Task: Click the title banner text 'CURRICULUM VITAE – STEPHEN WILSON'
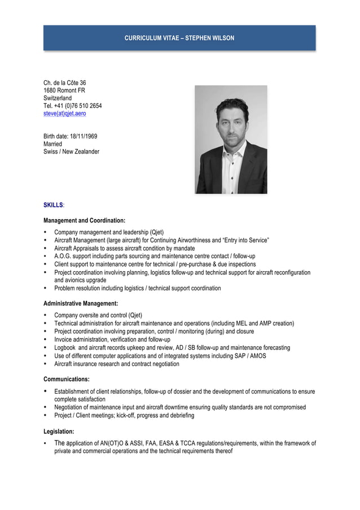tap(179, 38)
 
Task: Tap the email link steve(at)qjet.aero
tap(65, 114)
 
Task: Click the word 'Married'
tap(54, 144)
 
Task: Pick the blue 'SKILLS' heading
tap(53, 205)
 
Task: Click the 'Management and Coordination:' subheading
tap(84, 220)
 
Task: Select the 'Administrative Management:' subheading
tap(81, 303)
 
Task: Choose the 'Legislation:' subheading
tap(59, 431)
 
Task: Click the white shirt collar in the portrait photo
tap(231, 150)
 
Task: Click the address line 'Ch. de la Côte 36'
tap(65, 82)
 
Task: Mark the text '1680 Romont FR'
tap(64, 90)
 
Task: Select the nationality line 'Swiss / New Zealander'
tap(71, 151)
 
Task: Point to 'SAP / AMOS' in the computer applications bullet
tap(250, 356)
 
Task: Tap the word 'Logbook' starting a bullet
tap(65, 348)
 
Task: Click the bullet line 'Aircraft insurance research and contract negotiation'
tap(117, 364)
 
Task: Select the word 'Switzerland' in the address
tap(58, 98)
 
